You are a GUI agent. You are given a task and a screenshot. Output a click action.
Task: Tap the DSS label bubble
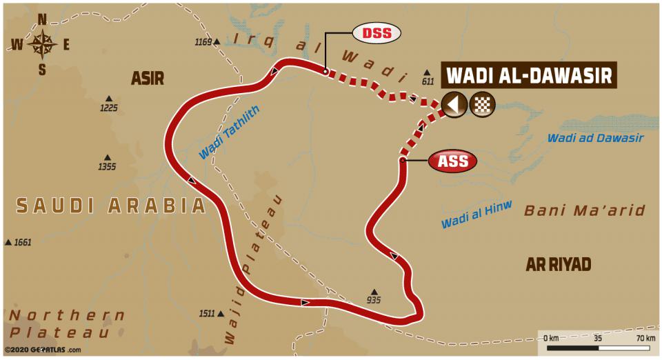coord(377,32)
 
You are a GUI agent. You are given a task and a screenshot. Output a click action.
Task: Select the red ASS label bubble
coord(453,161)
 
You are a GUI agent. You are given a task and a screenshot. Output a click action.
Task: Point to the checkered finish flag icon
coord(482,104)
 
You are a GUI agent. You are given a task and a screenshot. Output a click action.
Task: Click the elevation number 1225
coord(108,108)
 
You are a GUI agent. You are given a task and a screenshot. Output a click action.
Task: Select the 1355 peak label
coord(107,166)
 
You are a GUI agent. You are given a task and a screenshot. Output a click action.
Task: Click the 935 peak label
coord(374,300)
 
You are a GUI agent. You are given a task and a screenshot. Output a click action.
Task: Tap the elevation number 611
coord(428,81)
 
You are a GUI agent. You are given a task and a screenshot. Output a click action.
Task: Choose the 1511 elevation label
coord(207,313)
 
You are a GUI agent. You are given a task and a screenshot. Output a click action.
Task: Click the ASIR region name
coord(148,79)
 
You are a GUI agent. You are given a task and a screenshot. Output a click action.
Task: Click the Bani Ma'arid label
coord(584,210)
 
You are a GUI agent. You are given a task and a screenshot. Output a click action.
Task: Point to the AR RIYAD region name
coord(558,265)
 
